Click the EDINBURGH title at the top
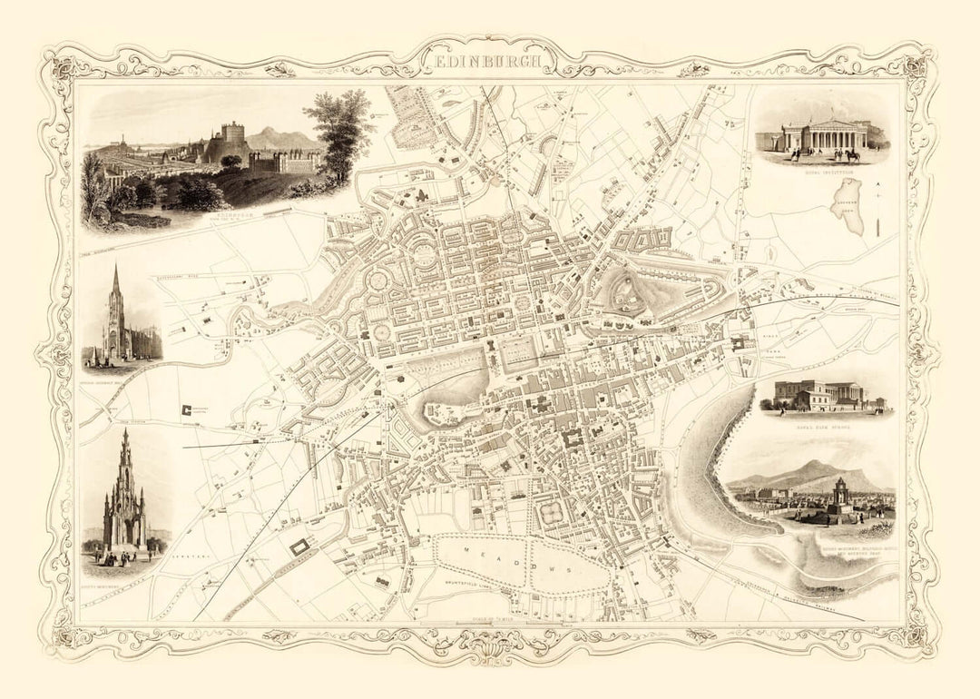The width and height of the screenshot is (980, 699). point(491,62)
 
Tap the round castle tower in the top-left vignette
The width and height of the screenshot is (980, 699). point(233,135)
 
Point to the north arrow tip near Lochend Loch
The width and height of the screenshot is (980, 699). point(877,184)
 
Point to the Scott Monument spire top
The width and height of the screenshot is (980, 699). point(125,434)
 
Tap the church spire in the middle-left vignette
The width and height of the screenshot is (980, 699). point(115,272)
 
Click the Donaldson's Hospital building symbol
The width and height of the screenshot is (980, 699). point(189,409)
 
